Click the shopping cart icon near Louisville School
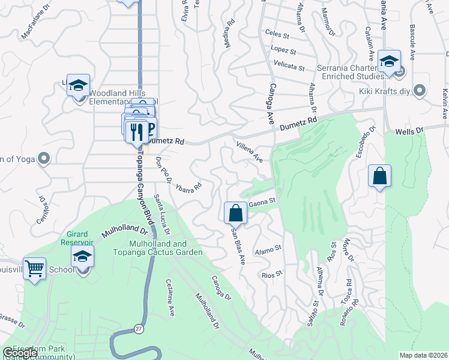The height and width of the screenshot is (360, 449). pos(35,269)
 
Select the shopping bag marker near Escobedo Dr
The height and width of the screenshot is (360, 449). pos(379,176)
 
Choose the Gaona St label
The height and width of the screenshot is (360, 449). pos(262,202)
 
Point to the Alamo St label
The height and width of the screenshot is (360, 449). pos(268,248)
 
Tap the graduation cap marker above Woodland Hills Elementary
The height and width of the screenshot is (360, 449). pos(78,85)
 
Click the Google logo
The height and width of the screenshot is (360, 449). pos(20,353)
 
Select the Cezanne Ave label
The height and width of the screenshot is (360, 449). pos(170,303)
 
